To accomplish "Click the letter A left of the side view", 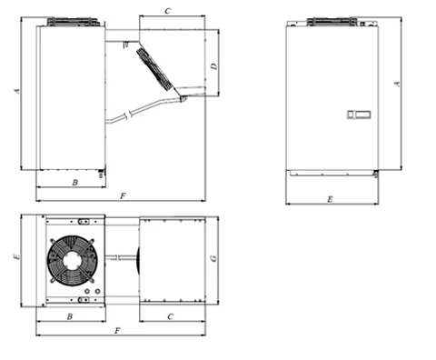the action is click(17, 91).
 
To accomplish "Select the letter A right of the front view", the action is click(397, 84).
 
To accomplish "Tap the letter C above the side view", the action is click(167, 11).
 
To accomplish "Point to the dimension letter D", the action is click(214, 66).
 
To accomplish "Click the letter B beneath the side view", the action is click(74, 182).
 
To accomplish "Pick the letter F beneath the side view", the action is click(123, 196).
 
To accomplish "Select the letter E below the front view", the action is click(330, 199).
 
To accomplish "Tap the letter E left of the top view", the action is click(17, 256).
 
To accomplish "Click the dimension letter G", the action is click(213, 258).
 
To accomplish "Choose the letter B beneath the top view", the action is click(70, 316).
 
